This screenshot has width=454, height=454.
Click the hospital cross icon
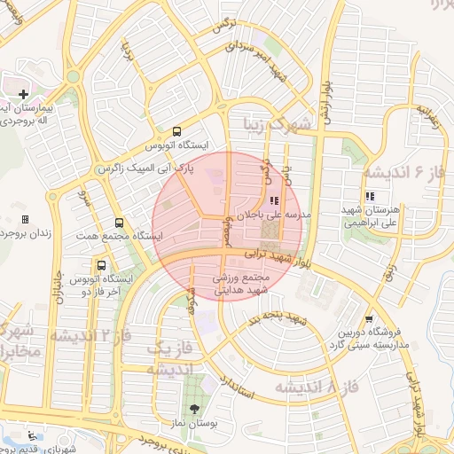tap(23, 94)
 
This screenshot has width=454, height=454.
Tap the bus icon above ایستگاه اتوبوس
tap(179, 129)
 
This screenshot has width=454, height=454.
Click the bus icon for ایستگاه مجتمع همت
tap(120, 223)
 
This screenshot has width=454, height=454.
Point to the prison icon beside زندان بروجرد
tap(25, 219)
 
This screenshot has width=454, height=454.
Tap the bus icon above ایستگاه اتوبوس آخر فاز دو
tap(101, 264)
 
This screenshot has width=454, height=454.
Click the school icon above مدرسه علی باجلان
tap(272, 201)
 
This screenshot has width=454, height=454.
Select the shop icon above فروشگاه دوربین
tap(370, 320)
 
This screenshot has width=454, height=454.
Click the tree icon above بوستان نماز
tap(194, 409)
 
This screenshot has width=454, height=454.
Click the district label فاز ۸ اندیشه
tap(318, 387)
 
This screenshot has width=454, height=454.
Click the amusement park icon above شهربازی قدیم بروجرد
tap(33, 435)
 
